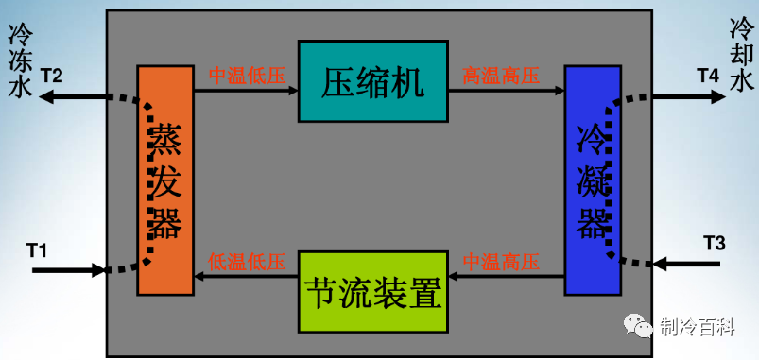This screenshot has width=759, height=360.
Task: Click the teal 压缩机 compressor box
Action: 372,81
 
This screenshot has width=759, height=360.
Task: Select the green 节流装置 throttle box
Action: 372,292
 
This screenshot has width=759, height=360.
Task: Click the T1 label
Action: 37,249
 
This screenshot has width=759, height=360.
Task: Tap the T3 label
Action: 715,244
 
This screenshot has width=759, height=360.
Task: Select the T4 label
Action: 708,74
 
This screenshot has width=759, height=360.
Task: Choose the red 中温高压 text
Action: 502,261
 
